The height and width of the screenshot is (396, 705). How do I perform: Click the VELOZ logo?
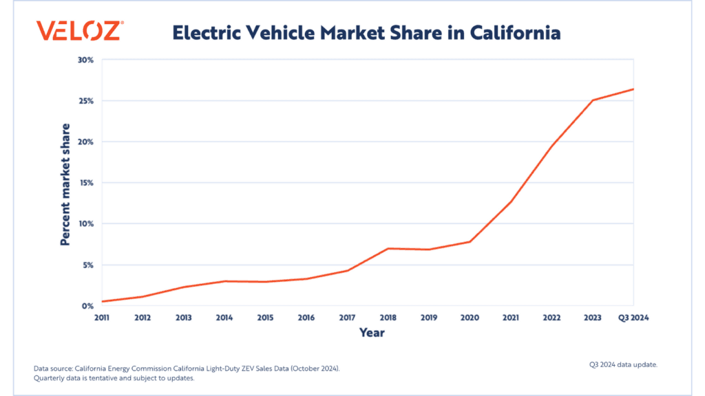80,32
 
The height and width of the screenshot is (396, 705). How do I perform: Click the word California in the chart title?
517,32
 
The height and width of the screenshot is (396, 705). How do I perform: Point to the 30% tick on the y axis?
85,60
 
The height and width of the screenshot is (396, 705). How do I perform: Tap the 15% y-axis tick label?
85,183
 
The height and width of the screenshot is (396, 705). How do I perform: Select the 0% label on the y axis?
87,306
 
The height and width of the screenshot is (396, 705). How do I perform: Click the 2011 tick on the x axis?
103,318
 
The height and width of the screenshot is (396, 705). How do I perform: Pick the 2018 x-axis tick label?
388,318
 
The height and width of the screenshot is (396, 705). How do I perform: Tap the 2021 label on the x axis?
510,318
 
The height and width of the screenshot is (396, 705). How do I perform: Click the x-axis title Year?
372,333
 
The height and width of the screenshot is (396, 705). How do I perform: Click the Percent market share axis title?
65,184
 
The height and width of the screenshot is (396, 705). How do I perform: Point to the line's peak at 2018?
388,248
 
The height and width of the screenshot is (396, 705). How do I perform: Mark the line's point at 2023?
593,100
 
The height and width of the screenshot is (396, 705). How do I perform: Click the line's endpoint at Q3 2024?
633,89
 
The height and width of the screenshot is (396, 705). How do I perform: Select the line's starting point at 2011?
103,301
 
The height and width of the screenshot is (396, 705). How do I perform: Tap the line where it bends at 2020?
470,241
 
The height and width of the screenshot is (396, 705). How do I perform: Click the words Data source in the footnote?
52,368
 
